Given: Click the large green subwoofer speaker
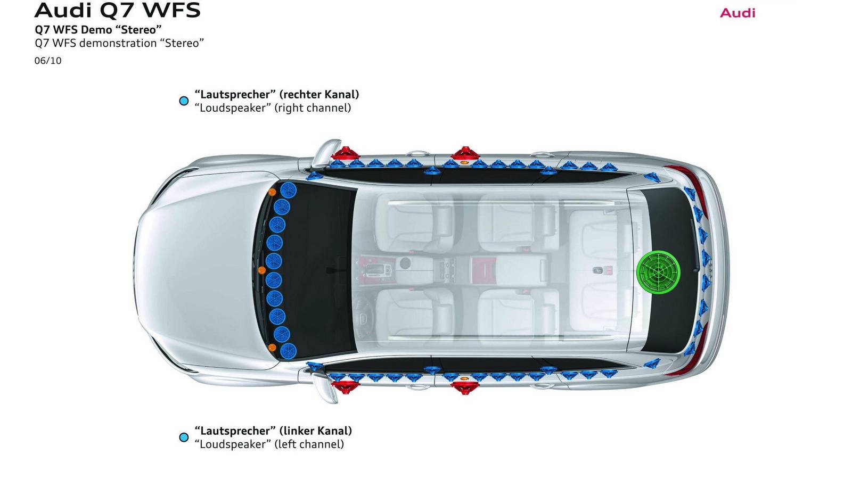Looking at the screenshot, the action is [658, 272].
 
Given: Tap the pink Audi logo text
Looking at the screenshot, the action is [738, 13].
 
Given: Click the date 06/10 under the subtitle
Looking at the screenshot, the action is [48, 61].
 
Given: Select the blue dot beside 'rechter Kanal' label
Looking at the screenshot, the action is [184, 101].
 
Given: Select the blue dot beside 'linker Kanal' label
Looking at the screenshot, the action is [184, 437].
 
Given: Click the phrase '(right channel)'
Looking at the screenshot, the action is [313, 108].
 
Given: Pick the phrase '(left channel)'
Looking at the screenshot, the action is [309, 444].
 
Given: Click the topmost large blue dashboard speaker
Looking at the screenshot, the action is [288, 190].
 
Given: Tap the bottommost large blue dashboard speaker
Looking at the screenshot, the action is [288, 351].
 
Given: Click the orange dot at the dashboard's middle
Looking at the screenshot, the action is [261, 270].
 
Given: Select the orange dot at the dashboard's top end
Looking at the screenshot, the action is [272, 192].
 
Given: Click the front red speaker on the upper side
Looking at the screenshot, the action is [346, 153].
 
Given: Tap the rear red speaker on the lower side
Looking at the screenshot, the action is [464, 387].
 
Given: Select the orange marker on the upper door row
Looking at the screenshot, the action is [464, 162].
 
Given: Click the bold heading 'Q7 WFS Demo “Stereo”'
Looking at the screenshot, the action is [98, 30].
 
